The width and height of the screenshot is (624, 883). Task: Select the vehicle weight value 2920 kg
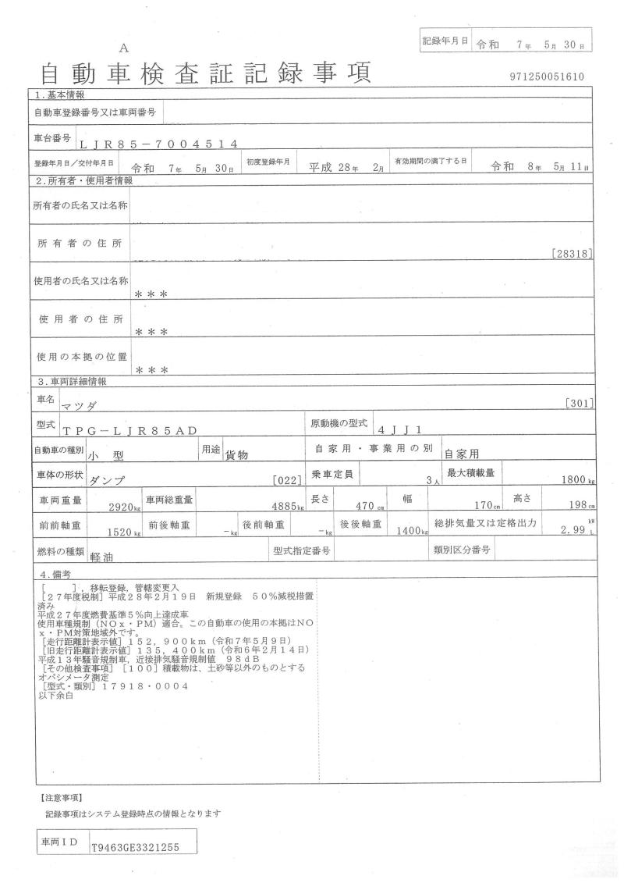pyautogui.click(x=122, y=507)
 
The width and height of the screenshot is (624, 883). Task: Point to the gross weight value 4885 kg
pyautogui.click(x=285, y=507)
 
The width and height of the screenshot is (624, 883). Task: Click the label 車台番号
pyautogui.click(x=52, y=138)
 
